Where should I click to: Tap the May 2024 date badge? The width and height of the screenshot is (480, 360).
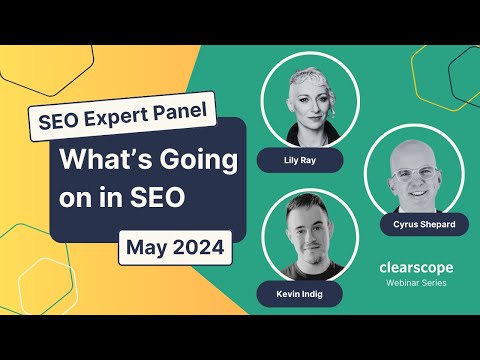pyautogui.click(x=176, y=245)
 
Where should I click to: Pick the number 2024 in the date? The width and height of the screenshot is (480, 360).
pyautogui.click(x=198, y=245)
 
